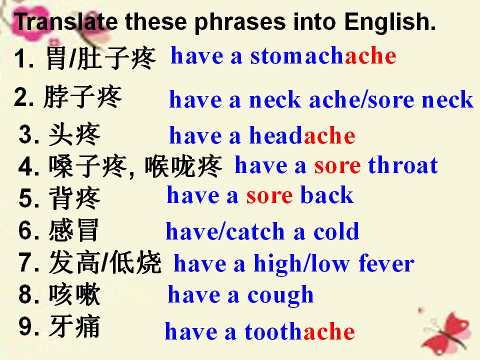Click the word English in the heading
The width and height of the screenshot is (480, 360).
click(x=389, y=22)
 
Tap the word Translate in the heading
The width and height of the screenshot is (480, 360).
click(x=66, y=21)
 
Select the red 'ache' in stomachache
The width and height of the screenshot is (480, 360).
click(x=370, y=55)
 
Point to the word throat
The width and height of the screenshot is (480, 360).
click(x=403, y=165)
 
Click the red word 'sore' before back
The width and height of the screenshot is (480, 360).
click(x=269, y=196)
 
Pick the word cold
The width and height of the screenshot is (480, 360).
click(x=336, y=231)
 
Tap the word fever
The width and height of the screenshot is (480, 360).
click(x=386, y=263)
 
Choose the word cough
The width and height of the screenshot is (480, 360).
click(x=280, y=295)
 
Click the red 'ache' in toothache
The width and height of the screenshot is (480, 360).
click(x=329, y=331)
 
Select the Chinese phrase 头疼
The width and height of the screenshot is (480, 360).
click(x=74, y=134)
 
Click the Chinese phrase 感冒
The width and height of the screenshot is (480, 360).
click(x=74, y=230)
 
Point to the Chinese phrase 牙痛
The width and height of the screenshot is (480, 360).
click(x=74, y=326)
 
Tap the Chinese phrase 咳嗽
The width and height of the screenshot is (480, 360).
click(x=74, y=294)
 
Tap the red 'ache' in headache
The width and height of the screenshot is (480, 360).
click(x=329, y=135)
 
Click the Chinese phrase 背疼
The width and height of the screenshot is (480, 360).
click(x=74, y=198)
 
